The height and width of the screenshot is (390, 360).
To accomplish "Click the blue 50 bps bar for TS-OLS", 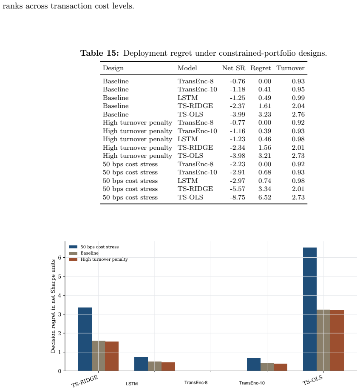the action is point(310,309).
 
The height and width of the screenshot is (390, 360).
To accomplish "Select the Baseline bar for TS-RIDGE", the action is point(99,356).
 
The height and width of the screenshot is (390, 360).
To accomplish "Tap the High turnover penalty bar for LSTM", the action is point(168,367).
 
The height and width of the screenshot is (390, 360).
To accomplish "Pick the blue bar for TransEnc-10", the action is point(254,364).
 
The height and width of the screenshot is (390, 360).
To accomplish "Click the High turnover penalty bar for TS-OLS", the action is point(337,341).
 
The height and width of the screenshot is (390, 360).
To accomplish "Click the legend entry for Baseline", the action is point(84,253).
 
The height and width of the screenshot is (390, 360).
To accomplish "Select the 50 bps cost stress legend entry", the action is point(94,247).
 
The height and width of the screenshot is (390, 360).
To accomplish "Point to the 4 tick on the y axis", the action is point(60,296).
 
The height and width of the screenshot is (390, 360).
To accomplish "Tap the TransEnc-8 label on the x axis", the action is point(196,382).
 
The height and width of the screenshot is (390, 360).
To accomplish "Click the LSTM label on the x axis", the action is point(131,384).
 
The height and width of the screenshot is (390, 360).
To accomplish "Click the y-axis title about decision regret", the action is point(53,306).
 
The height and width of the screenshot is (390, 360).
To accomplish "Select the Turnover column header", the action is point(290,68).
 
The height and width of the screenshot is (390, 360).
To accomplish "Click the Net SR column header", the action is point(233,68).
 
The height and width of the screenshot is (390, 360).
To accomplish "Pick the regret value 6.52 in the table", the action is point(264,197).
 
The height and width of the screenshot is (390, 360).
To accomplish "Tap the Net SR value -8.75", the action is point(238,197).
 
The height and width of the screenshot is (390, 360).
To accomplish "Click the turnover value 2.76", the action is point(298,114).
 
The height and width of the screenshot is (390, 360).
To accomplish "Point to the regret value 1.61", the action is point(264,106).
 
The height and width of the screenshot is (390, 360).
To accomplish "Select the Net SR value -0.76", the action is point(238,81).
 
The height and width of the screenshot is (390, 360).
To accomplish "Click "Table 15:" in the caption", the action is point(99,53).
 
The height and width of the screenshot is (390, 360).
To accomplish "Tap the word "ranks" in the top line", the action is point(12,6).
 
